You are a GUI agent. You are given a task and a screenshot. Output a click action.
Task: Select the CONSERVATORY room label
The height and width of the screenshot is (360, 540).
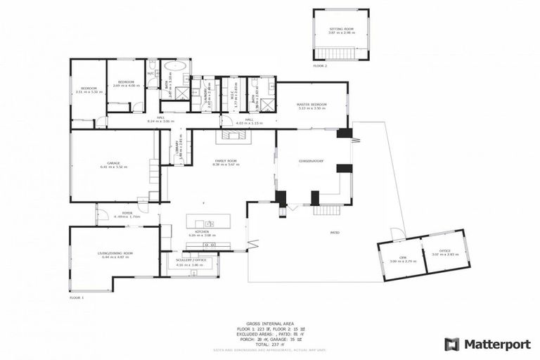[309, 161]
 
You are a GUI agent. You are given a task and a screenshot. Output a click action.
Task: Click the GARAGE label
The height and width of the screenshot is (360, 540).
[113, 164]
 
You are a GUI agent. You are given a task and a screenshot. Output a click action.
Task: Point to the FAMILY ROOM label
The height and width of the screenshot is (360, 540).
[226, 162]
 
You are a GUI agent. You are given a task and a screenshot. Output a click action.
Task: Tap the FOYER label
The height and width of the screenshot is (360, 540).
[127, 212]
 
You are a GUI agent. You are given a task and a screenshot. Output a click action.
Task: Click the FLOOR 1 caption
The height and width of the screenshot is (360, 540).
[77, 298]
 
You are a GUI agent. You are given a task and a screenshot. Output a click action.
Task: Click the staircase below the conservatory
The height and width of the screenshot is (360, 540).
[327, 210]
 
